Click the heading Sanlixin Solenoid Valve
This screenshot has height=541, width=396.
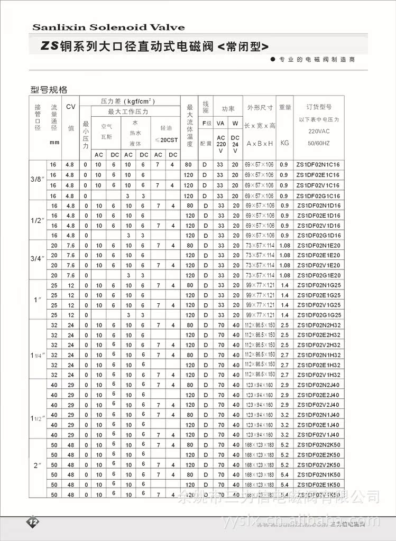tap(108, 27)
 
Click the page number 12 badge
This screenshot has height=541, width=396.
tap(33, 521)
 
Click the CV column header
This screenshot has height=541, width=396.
tap(71, 107)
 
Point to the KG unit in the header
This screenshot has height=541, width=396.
tap(285, 143)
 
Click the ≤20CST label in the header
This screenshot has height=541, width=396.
tap(165, 139)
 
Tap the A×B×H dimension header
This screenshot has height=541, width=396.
tap(260, 143)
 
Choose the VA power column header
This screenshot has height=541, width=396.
tap(221, 123)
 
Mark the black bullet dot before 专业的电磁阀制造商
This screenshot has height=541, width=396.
tap(273, 59)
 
